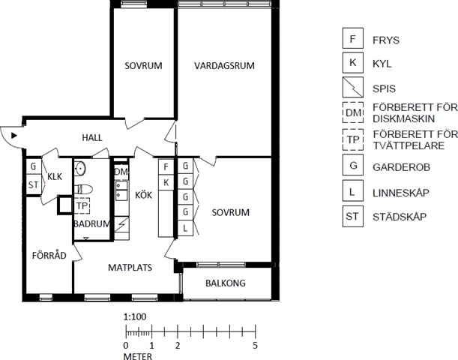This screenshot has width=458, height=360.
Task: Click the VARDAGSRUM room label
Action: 224,65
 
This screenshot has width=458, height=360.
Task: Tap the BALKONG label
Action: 226,283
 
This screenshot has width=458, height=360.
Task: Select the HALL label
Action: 92,138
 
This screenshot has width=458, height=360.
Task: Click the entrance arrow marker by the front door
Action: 14,136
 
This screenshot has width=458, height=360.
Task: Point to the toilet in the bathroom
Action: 83,189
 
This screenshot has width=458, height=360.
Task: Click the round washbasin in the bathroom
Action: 79,169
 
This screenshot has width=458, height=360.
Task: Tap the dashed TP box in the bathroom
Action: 82,205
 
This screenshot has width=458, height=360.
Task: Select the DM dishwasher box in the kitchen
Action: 121,172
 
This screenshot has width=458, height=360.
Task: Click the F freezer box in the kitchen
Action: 166,166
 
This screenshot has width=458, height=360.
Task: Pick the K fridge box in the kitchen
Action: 166,183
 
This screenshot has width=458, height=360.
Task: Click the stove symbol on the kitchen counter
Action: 121,224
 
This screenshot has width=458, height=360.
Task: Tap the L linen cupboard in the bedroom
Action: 185,228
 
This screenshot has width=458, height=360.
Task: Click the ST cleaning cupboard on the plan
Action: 33,184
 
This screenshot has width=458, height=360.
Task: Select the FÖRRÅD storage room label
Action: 49,256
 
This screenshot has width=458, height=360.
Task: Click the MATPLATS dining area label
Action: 130,267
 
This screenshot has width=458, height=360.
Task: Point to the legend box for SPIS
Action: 353,87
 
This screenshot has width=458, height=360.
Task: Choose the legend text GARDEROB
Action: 401,167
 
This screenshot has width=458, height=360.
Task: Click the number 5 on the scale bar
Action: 256,346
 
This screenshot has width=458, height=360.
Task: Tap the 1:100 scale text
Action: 135,316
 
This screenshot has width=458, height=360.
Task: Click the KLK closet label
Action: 55,176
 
